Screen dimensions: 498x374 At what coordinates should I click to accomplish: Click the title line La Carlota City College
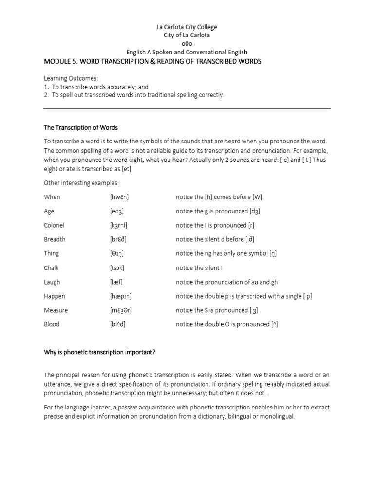187,27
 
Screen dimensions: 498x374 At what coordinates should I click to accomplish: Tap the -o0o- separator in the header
187,44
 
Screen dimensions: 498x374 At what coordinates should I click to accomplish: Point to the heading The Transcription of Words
81,128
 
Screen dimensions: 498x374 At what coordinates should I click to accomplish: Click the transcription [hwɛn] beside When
120,197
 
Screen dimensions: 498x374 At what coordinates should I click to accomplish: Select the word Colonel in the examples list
54,225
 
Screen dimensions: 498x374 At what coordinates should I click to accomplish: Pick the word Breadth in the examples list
55,239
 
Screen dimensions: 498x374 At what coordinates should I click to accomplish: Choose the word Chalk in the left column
52,267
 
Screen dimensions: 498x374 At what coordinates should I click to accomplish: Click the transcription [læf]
117,282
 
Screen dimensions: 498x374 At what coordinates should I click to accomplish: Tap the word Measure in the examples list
56,310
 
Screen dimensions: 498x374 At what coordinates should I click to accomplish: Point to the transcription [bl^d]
118,324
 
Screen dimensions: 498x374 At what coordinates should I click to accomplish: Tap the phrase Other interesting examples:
81,183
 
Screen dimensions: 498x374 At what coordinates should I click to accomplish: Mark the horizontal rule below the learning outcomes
187,109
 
